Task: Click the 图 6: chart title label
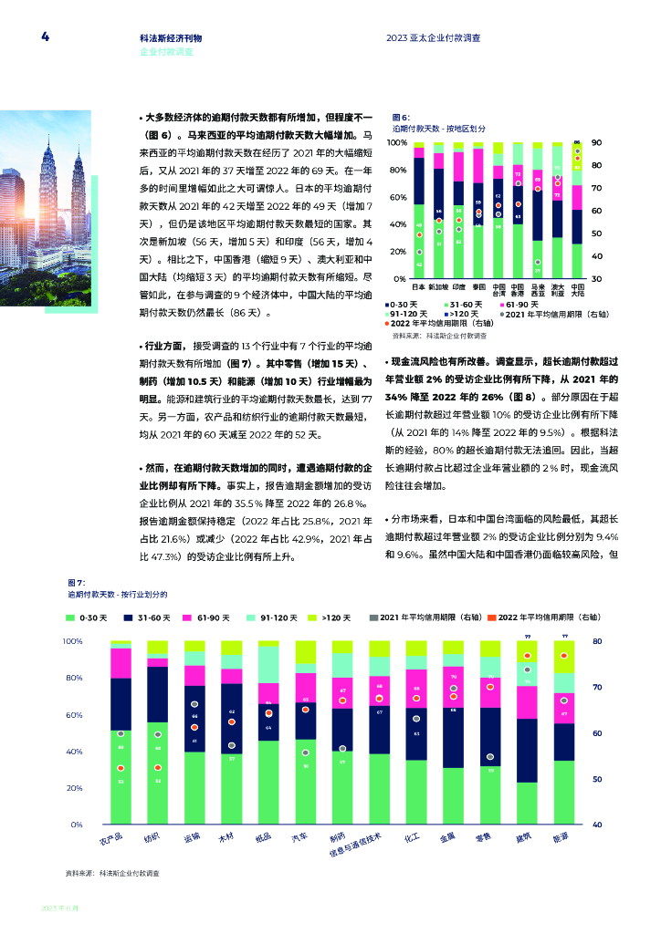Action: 401,118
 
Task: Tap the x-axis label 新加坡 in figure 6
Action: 439,286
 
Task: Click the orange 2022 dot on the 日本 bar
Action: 419,235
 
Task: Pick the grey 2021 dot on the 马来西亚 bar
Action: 538,263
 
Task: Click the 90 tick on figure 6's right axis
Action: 596,143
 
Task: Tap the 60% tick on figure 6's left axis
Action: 398,197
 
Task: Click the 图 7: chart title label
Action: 77,583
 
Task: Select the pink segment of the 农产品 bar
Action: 121,663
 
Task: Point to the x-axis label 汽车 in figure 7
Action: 299,836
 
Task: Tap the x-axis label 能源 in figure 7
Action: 562,836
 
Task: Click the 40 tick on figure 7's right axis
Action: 597,825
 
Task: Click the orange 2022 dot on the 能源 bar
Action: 564,656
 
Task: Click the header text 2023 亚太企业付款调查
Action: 435,38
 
